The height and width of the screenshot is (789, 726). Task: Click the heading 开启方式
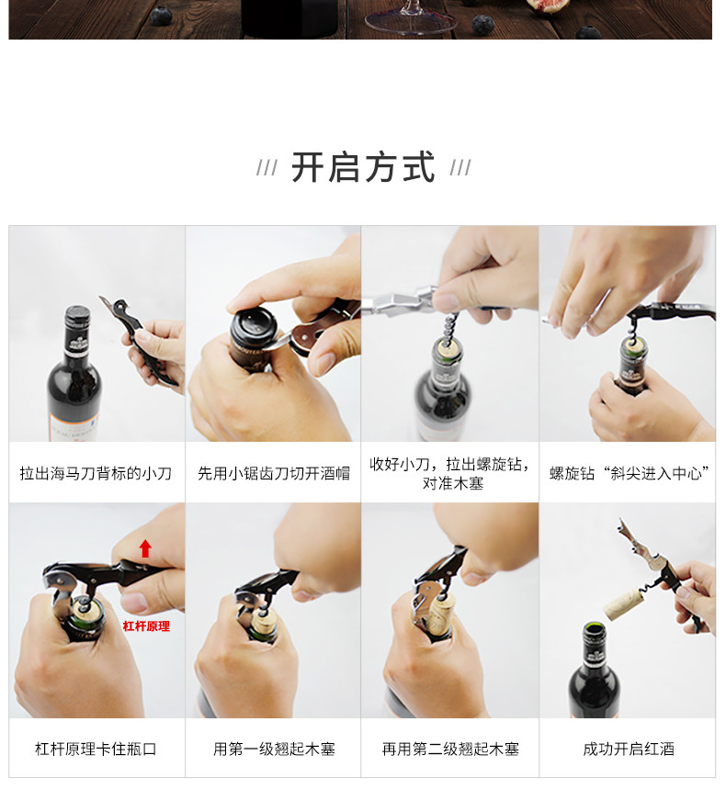coord(362,167)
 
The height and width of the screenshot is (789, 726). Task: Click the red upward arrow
coord(145,548)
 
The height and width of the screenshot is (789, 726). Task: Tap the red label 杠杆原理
coord(146,626)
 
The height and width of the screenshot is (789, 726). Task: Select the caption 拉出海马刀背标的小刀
coord(96,473)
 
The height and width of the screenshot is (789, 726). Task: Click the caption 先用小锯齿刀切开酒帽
coord(273,473)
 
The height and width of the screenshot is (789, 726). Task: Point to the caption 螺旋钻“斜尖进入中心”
coord(629,473)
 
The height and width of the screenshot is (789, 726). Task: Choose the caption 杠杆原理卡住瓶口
coord(96,749)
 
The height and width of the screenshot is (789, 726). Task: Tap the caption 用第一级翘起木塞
coord(274,749)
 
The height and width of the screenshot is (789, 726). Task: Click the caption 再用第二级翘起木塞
coord(450,749)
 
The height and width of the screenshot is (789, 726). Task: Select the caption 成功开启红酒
coord(629,749)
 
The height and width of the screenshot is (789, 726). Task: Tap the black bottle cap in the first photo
coord(77,317)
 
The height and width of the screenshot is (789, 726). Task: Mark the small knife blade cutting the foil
coord(278,343)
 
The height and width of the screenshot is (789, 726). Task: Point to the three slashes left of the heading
coord(267,168)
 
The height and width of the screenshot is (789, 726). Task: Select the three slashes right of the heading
coord(460,168)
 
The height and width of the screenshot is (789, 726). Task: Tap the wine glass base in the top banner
coord(410,23)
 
